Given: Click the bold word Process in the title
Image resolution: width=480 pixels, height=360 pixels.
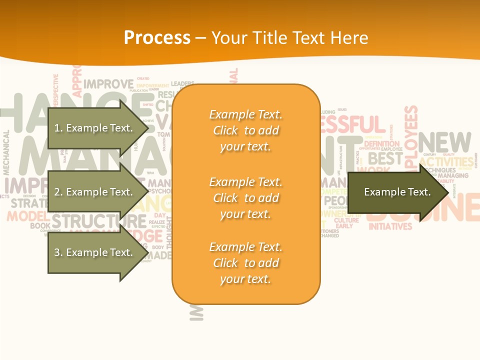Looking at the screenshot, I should (157, 38).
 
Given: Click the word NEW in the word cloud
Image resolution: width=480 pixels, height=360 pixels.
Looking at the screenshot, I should (444, 143).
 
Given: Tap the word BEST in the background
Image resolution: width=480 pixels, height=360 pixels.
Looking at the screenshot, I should (385, 159).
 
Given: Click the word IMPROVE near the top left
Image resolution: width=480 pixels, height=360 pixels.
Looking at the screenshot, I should (108, 83).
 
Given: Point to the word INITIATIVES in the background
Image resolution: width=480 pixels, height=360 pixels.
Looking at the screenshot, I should (390, 226).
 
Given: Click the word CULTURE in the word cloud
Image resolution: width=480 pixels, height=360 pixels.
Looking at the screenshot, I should (346, 220).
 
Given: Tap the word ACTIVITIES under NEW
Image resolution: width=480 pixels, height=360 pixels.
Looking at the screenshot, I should (446, 162).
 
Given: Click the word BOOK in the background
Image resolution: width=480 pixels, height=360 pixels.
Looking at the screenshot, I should (40, 226).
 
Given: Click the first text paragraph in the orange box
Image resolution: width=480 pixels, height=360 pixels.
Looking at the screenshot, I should (246, 130).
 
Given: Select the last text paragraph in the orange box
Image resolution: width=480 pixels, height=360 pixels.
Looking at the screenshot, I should (246, 263).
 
